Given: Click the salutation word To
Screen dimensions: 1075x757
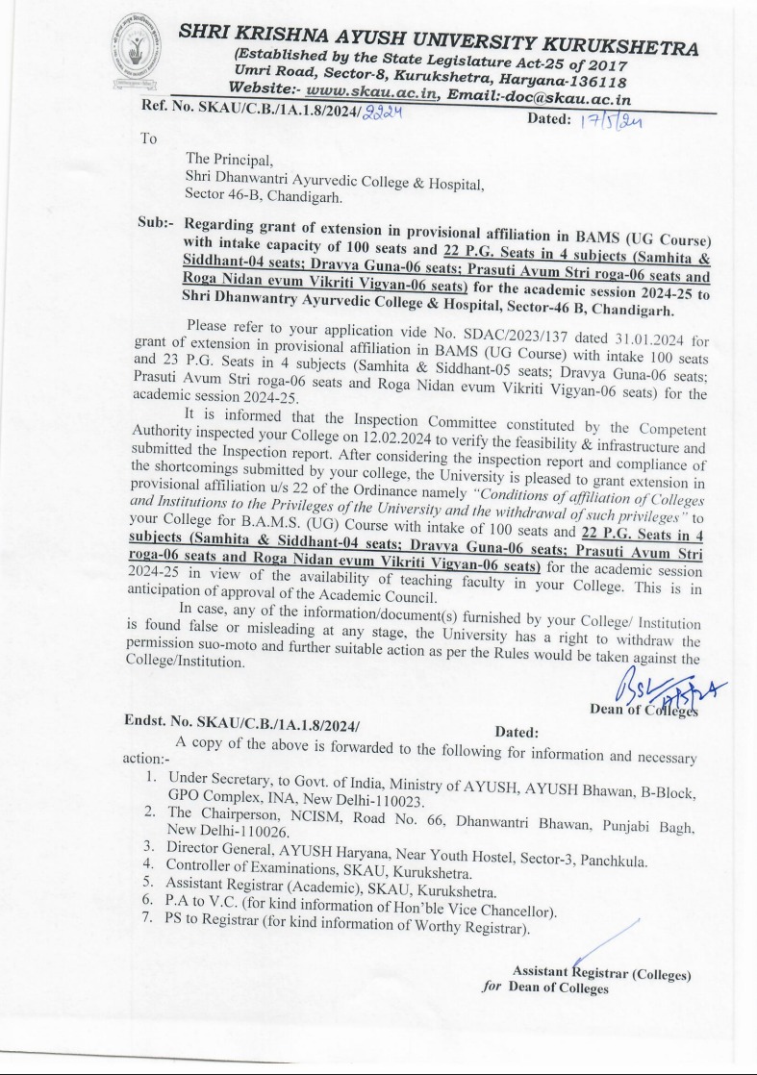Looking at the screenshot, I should tap(148, 138).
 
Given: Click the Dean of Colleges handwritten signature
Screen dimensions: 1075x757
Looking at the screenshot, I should tap(654, 686).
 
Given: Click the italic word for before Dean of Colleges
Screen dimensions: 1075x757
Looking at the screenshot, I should tap(492, 987).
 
